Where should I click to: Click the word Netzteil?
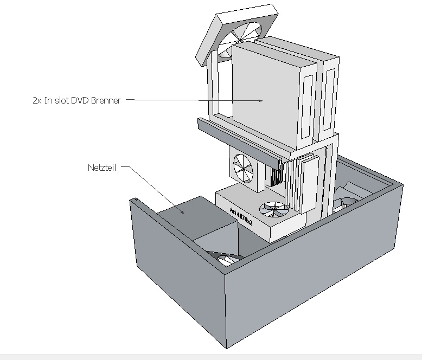(102, 168)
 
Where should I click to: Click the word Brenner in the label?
(106, 100)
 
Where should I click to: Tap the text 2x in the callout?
(37, 101)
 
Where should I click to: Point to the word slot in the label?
(62, 100)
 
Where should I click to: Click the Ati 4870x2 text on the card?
(241, 217)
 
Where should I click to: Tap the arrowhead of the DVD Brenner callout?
(260, 101)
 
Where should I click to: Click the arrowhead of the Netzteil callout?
(182, 213)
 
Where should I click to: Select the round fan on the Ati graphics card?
(274, 209)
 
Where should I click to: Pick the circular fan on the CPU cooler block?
(244, 169)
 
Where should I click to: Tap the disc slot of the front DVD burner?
(306, 107)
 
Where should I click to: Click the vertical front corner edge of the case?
(226, 311)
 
